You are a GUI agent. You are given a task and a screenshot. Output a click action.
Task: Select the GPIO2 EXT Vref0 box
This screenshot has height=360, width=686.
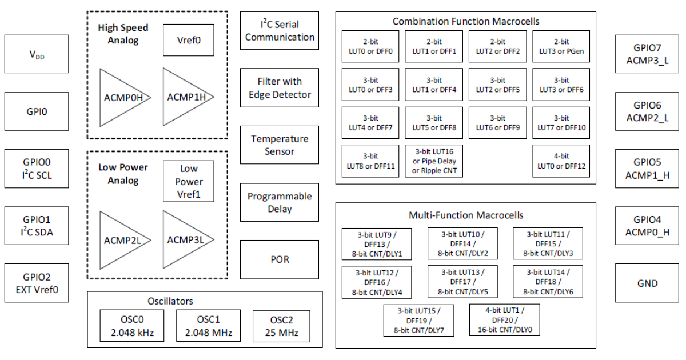tap(37, 283)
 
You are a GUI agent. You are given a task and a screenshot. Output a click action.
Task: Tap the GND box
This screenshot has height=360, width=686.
tap(647, 283)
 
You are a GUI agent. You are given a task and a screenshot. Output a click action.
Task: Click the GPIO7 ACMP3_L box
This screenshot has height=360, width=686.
tap(647, 54)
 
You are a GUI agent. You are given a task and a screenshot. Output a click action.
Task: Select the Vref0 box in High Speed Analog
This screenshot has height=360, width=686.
tap(188, 41)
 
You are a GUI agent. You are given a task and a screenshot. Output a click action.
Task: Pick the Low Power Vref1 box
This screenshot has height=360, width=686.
tap(188, 181)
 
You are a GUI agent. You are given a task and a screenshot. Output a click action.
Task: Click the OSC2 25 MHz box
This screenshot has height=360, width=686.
tap(281, 326)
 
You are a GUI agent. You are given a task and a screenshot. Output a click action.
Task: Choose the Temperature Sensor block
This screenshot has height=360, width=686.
tap(280, 145)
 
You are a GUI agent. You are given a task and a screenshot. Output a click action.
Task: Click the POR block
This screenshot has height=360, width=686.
tap(280, 259)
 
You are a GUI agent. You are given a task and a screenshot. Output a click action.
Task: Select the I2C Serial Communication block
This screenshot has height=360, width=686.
tap(280, 31)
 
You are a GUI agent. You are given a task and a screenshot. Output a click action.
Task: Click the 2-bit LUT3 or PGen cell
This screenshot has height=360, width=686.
tap(561, 46)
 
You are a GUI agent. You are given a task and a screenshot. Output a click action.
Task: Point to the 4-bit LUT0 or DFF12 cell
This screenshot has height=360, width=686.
tap(561, 161)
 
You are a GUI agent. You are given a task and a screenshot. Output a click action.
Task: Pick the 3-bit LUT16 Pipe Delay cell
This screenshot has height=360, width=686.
tap(434, 161)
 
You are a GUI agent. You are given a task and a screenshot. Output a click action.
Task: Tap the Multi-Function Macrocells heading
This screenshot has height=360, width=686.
tap(466, 215)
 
